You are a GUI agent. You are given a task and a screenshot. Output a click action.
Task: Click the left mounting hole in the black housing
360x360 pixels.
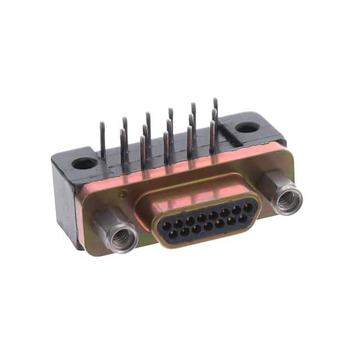pos(84,164)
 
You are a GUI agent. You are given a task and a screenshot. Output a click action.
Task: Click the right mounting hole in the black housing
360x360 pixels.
pos(247,127)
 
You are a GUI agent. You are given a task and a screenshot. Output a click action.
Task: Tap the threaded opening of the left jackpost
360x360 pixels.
pos(123,239)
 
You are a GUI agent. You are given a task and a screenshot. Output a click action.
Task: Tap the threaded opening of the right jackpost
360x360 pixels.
pos(290,200)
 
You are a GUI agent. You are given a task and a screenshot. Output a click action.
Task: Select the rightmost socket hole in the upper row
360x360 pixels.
pos(247,208)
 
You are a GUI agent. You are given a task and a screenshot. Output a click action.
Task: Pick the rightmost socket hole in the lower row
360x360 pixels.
pos(242,218)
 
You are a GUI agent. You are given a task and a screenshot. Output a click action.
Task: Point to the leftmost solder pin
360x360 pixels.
pos(103,141)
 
